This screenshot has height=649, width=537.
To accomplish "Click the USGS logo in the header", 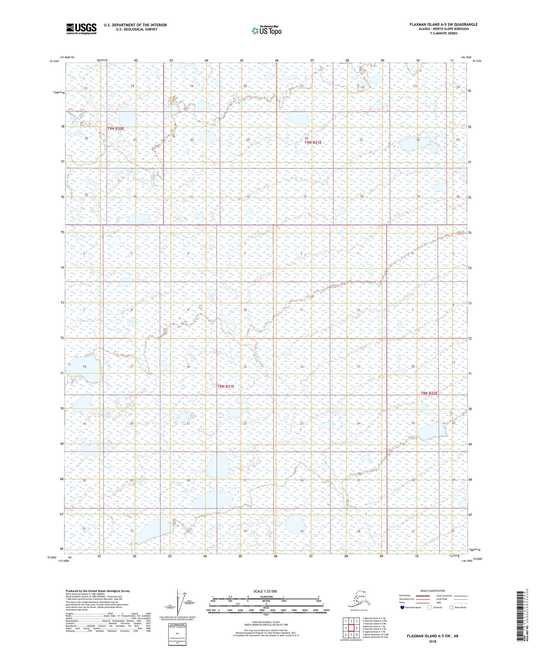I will pyautogui.click(x=81, y=29).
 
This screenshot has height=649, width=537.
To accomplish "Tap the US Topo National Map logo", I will pyautogui.click(x=266, y=30).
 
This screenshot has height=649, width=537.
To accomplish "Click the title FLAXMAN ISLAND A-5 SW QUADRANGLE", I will pyautogui.click(x=444, y=24).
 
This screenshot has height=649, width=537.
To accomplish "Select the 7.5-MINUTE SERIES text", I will pyautogui.click(x=444, y=33).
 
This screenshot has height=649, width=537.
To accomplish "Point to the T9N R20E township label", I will pyautogui.click(x=115, y=128).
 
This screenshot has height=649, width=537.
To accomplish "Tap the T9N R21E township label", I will pyautogui.click(x=313, y=142).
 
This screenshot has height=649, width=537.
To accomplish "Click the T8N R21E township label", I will pyautogui.click(x=226, y=386).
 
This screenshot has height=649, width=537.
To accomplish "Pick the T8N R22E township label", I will pyautogui.click(x=429, y=393).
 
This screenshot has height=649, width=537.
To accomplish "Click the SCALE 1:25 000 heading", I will pyautogui.click(x=265, y=591).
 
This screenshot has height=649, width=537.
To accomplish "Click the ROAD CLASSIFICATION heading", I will pyautogui.click(x=433, y=591).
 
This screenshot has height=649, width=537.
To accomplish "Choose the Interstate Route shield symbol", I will pyautogui.click(x=402, y=607).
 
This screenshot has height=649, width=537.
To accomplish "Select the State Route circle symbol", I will pyautogui.click(x=451, y=607).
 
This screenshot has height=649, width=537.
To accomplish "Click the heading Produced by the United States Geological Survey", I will pyautogui.click(x=97, y=591).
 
